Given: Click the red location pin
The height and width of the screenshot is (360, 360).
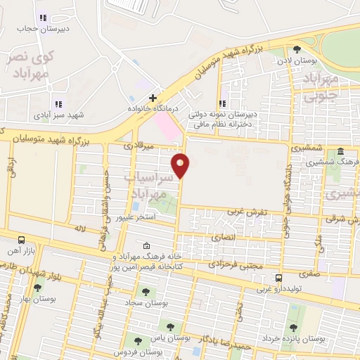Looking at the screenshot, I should point(181,165).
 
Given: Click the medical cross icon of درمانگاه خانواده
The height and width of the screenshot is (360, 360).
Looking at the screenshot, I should point(152,98).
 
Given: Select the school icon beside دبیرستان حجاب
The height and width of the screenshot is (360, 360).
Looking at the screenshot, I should point(43,18).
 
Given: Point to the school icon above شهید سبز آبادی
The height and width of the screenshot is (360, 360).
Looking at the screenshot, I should point(58,104).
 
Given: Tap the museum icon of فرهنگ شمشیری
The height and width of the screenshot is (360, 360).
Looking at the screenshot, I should point(340,152).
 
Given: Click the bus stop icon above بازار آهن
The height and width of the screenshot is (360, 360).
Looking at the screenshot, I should point(21,240).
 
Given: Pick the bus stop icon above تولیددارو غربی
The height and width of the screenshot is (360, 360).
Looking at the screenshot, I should point(279,278).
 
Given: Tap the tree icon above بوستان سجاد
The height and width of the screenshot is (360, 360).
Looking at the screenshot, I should point(146,291).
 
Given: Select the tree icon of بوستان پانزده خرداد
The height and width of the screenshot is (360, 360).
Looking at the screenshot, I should point(293,327).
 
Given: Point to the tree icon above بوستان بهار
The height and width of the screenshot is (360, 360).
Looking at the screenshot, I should point(38,287).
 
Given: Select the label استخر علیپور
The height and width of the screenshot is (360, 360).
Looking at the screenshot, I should point(135,218).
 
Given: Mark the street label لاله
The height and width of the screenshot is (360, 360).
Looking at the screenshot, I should point(79,229).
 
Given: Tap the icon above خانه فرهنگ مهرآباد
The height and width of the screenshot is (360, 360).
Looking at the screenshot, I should point(146,245).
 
